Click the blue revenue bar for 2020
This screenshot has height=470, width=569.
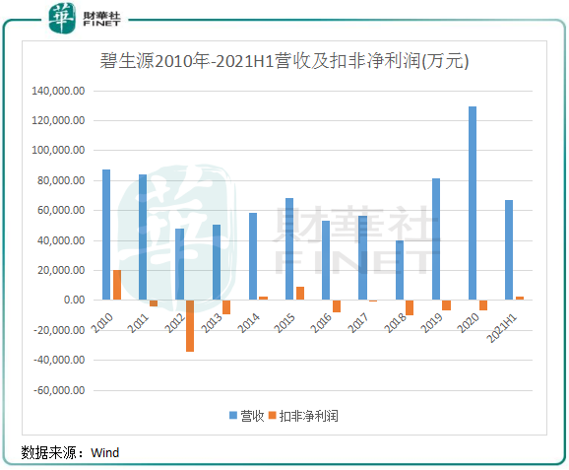click(473, 203)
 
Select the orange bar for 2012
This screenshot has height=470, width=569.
click(190, 326)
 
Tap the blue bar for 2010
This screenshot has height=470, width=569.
click(106, 235)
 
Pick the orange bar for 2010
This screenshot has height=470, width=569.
click(117, 285)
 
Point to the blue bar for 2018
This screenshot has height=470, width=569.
click(399, 270)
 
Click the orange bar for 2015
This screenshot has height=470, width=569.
click(300, 294)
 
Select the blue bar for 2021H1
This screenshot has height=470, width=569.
click(509, 250)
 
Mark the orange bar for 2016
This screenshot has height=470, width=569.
click(337, 306)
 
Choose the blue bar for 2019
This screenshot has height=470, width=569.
click(436, 239)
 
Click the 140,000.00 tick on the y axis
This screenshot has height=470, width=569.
click(58, 91)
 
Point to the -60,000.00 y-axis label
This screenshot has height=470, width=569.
click(59, 390)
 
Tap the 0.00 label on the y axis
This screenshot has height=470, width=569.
click(74, 300)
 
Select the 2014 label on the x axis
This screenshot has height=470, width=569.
click(249, 322)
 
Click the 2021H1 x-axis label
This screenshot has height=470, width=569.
click(501, 328)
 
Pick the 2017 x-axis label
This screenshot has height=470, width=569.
click(357, 322)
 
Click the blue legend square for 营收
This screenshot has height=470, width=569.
click(233, 415)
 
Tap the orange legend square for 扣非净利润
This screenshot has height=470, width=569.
click(272, 415)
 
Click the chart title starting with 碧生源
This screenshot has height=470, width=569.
click(284, 61)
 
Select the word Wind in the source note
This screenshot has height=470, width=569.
click(105, 453)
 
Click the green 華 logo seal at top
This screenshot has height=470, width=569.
click(62, 18)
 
